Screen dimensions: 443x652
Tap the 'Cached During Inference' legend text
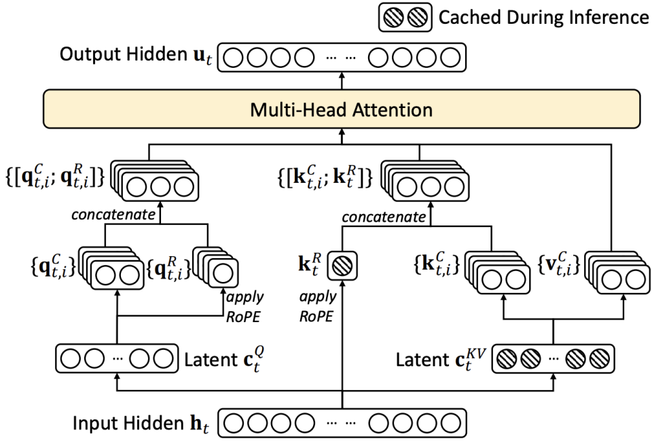[544, 19]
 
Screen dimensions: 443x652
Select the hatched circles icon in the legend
[406, 19]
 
